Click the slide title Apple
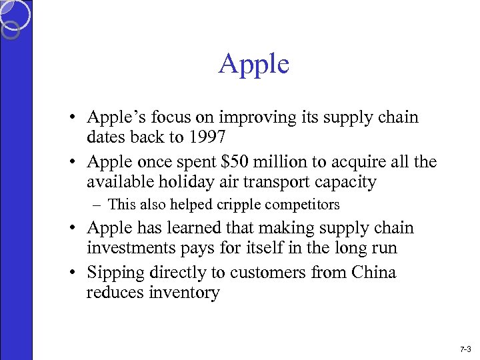pos(253,65)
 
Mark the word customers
pos(286,273)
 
